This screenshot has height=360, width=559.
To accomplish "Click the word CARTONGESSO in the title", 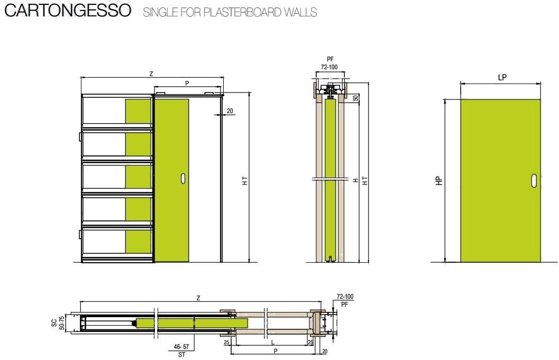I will [x=67, y=11].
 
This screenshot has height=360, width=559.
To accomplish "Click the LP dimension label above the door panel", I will [x=502, y=77].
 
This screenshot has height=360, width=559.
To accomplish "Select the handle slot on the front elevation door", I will [x=183, y=178].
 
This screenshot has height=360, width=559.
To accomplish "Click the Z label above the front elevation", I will [x=151, y=73].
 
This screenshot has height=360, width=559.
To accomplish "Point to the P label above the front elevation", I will [x=187, y=83].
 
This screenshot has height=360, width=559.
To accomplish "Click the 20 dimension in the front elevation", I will [x=230, y=111].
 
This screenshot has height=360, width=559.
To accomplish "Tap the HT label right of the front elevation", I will [x=245, y=180].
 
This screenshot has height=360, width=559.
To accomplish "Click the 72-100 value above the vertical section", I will [x=330, y=68].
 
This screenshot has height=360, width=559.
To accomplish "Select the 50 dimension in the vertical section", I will [x=356, y=98].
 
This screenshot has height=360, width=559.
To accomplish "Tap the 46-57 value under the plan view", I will [x=181, y=347].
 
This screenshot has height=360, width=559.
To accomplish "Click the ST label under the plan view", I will [x=181, y=355].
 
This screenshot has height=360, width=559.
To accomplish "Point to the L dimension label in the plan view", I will [x=272, y=343].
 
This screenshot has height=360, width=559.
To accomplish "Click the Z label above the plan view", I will [x=198, y=298].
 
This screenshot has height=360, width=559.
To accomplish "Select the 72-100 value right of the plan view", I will [x=345, y=298].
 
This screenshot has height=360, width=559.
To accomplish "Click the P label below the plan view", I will [x=276, y=351].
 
